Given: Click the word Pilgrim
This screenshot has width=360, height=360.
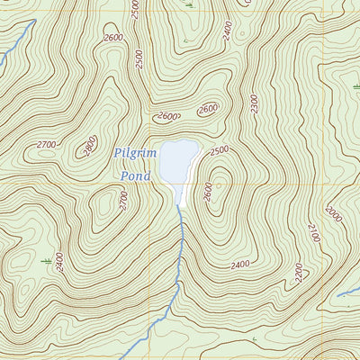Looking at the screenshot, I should pos(137,154).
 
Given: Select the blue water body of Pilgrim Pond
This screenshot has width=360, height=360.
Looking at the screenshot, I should pos(179,160).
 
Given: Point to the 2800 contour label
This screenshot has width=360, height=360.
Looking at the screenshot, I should pos(89,147).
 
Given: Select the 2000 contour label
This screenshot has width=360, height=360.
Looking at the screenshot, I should pos(333,215).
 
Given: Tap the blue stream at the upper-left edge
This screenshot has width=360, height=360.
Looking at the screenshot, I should pos(7,59).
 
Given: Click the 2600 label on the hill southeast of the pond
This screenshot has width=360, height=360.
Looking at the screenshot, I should pos(208,192).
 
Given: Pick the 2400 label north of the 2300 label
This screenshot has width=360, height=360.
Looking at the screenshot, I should pos(229,32).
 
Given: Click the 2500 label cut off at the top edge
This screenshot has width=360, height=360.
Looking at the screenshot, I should pos(135,9).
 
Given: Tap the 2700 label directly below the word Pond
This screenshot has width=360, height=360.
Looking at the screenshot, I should pos(124,202).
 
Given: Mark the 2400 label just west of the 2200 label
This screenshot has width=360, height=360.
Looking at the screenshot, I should pos(240,265).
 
